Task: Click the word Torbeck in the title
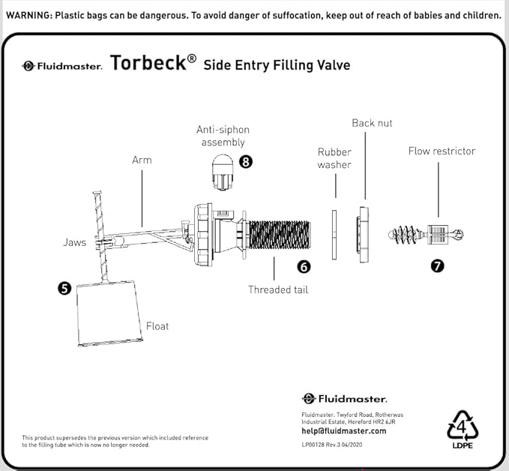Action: pyautogui.click(x=148, y=63)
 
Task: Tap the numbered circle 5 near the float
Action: pyautogui.click(x=65, y=287)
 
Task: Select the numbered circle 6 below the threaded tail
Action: pyautogui.click(x=303, y=266)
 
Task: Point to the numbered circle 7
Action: pyautogui.click(x=437, y=265)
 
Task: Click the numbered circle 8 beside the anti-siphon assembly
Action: pyautogui.click(x=245, y=161)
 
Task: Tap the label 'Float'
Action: pyautogui.click(x=157, y=326)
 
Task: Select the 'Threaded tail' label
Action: pyautogui.click(x=278, y=289)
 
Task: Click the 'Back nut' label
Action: pyautogui.click(x=372, y=123)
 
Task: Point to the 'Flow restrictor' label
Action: pyautogui.click(x=442, y=151)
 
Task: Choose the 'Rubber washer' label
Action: pyautogui.click(x=334, y=158)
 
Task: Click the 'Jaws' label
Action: pyautogui.click(x=74, y=242)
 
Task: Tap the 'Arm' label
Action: pyautogui.click(x=142, y=160)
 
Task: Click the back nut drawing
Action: pyautogui.click(x=364, y=234)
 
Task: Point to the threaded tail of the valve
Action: pyautogui.click(x=278, y=235)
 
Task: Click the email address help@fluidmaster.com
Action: pyautogui.click(x=343, y=430)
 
